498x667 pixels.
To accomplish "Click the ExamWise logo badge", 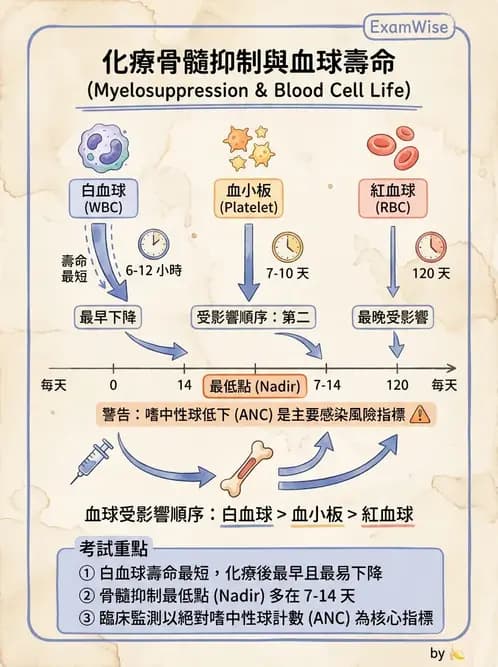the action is click(409, 27).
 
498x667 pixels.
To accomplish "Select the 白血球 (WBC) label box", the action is click(103, 199).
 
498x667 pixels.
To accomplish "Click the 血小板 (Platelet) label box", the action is click(249, 199).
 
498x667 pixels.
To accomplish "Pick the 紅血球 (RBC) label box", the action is click(393, 199).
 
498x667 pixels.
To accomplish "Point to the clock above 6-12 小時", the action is click(154, 245).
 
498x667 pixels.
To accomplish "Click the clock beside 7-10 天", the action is click(287, 247).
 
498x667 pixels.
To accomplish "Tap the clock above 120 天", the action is click(431, 247).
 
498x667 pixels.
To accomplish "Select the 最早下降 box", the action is click(108, 317).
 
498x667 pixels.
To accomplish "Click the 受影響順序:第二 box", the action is click(253, 317).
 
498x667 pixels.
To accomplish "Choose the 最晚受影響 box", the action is click(393, 317).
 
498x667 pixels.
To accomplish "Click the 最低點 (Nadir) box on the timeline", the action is click(255, 386).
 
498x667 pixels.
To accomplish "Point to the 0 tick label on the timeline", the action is click(113, 385).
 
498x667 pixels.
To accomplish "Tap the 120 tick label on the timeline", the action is click(397, 385).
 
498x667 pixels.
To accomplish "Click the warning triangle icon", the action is click(420, 414).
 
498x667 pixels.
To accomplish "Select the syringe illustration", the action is click(92, 461).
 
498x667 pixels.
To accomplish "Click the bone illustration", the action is click(247, 469).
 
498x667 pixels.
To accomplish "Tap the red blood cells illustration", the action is click(393, 148).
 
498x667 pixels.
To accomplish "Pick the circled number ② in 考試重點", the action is click(86, 596).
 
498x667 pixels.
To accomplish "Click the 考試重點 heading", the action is click(113, 548).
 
